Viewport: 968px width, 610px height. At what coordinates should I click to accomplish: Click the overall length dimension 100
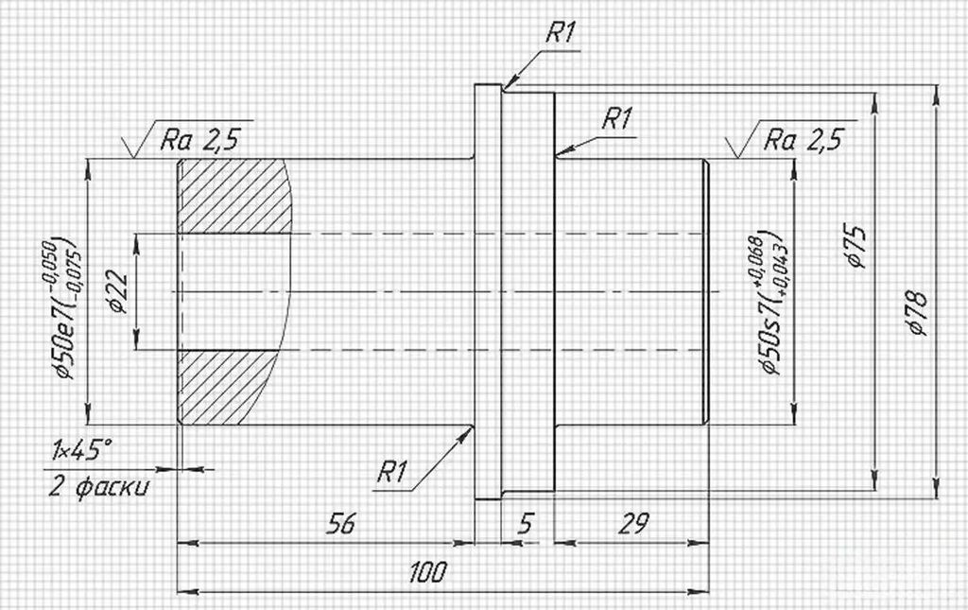tap(427, 572)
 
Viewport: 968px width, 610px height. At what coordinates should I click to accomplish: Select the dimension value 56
tap(340, 524)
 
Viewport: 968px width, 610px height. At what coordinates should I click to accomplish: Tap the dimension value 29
tap(633, 524)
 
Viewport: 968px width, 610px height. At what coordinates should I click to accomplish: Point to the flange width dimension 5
tap(524, 524)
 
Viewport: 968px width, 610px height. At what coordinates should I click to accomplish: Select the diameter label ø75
tap(856, 246)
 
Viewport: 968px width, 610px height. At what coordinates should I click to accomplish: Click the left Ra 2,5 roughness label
tap(199, 140)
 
